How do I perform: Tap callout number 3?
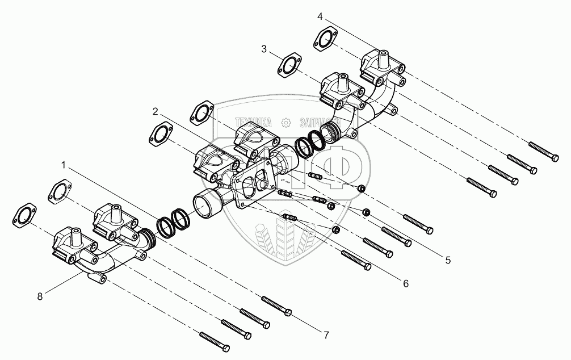pyautogui.click(x=264, y=49)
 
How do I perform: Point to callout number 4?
pyautogui.click(x=320, y=16)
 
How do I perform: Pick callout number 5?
pyautogui.click(x=447, y=260)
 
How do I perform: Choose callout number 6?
pyautogui.click(x=406, y=282)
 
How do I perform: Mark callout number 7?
pyautogui.click(x=326, y=335)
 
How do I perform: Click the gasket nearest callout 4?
pyautogui.click(x=324, y=41)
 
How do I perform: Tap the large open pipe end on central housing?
pyautogui.click(x=205, y=203)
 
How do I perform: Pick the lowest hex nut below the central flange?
pyautogui.click(x=335, y=229)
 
